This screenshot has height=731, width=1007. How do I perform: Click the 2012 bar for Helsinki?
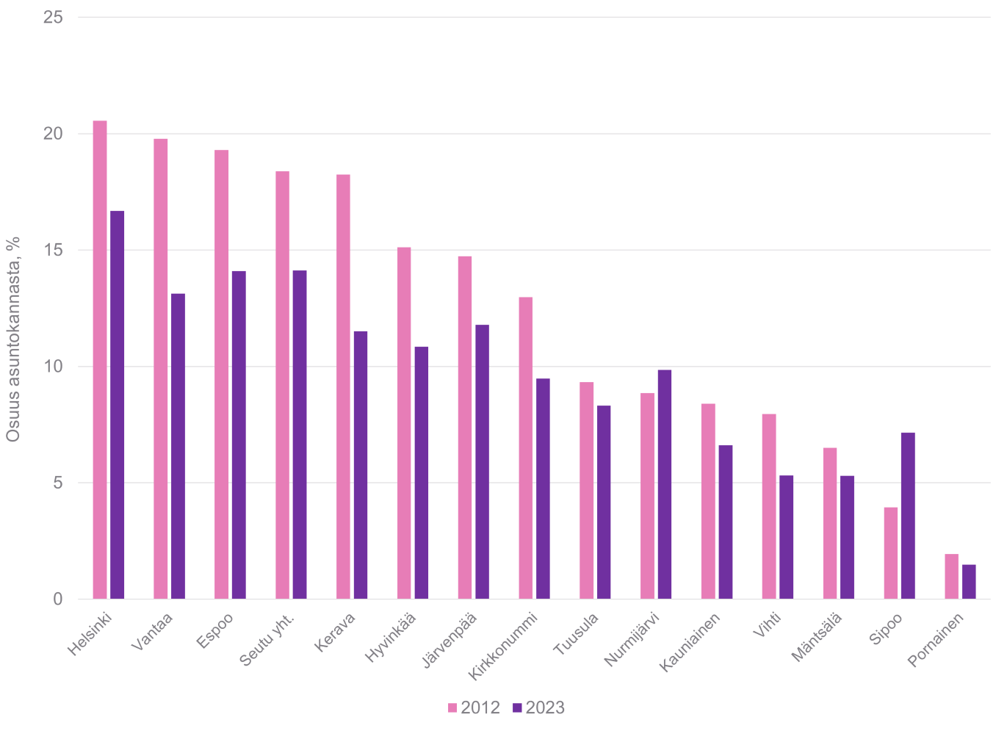point(100,360)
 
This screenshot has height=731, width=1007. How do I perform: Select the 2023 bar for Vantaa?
point(178,446)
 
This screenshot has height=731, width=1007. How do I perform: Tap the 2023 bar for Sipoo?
point(908,516)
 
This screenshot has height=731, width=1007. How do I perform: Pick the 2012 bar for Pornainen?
point(951,577)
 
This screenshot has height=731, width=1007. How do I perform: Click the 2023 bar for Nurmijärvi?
point(665,484)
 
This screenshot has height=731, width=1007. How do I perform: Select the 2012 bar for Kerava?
point(343,386)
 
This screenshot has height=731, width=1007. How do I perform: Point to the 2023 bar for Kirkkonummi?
point(543,489)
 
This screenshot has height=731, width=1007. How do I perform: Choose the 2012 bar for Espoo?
point(221,375)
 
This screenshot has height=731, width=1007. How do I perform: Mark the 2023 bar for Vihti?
point(786,537)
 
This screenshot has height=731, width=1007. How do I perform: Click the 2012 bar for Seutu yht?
point(282,385)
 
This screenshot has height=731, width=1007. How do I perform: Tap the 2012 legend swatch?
point(452,708)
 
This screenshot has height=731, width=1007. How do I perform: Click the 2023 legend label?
point(545,708)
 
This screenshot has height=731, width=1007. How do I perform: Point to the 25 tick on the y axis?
point(53,17)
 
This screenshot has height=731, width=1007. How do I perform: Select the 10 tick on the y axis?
point(53,367)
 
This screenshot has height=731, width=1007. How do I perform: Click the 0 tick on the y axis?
point(57,599)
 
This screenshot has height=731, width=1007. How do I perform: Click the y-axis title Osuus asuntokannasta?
point(12,339)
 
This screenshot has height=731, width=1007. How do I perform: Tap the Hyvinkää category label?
point(392,637)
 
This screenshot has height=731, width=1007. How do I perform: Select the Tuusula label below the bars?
point(577,633)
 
